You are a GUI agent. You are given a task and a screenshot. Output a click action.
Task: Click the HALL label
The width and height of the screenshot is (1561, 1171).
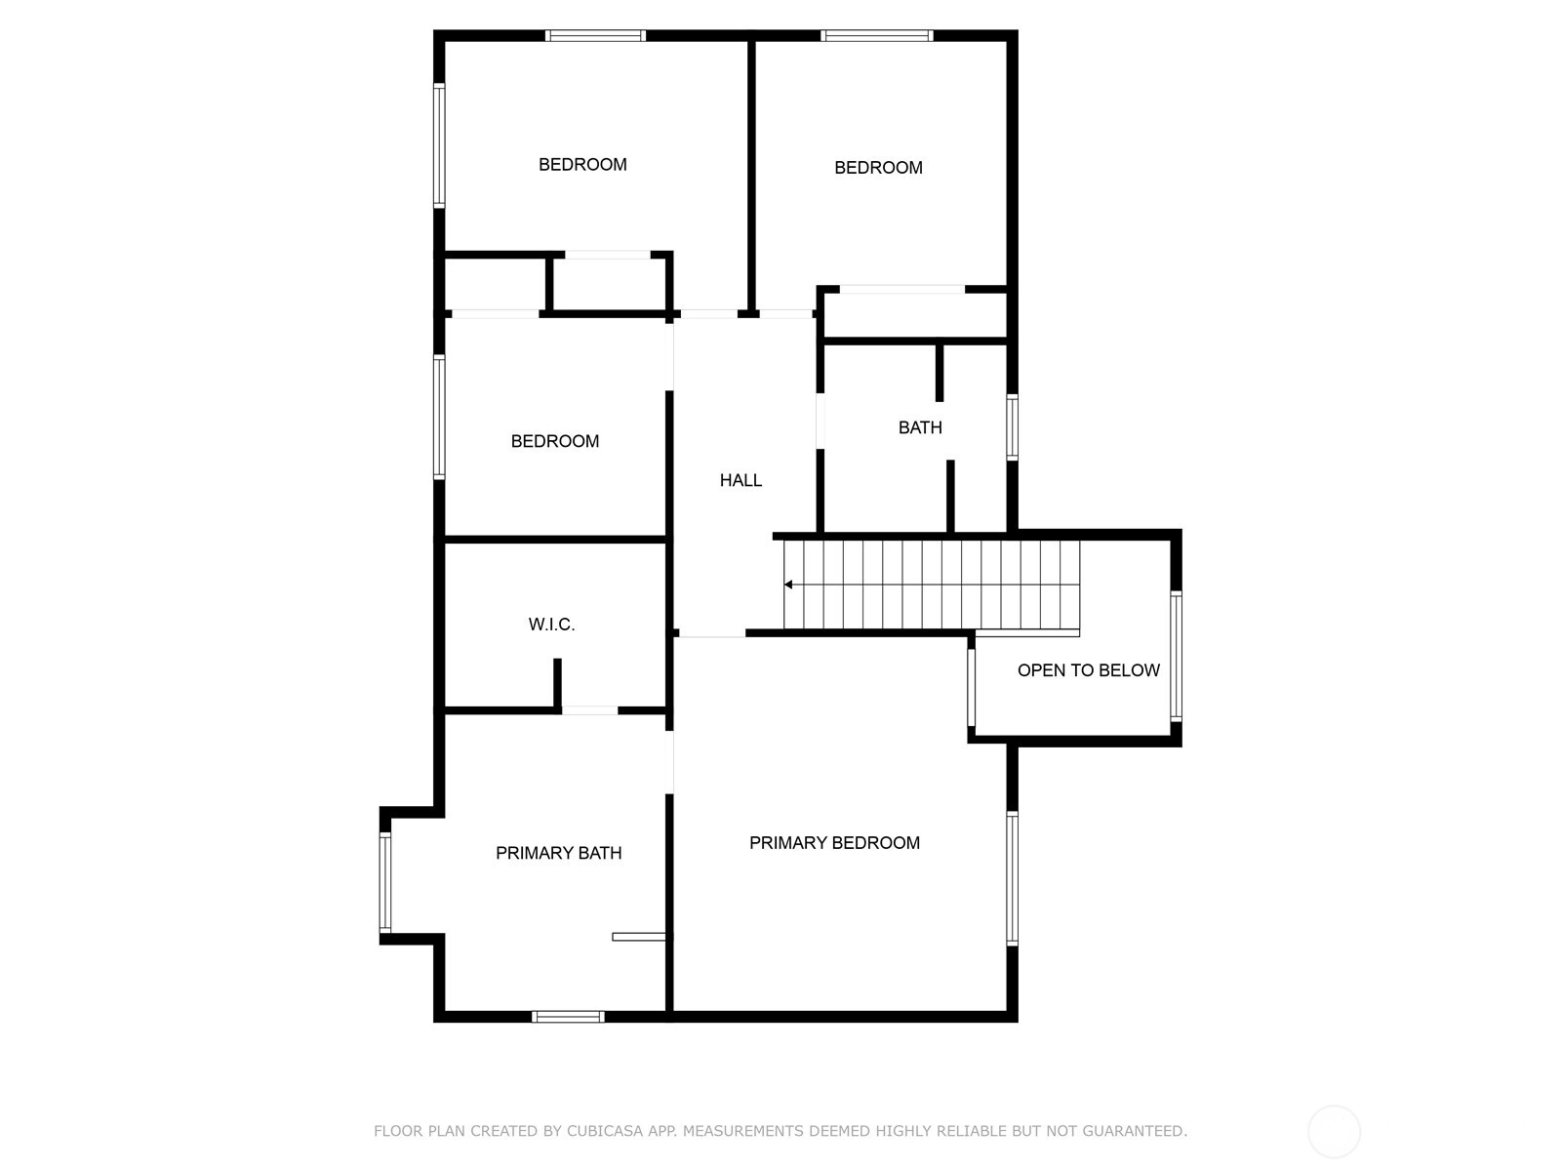point(740,481)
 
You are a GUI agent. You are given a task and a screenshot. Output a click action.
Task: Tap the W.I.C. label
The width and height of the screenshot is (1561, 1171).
point(551,625)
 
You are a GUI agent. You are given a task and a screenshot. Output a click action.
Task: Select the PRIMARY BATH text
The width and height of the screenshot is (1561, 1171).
point(558,853)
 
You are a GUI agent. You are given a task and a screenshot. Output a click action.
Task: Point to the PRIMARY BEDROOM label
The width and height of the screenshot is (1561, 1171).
point(834,842)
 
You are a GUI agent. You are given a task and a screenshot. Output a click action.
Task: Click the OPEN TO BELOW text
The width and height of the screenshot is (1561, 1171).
point(1088,669)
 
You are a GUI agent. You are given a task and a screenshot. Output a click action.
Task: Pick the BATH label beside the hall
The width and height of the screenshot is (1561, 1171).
point(920,427)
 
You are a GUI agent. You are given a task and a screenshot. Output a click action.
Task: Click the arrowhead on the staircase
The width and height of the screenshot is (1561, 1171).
point(788,585)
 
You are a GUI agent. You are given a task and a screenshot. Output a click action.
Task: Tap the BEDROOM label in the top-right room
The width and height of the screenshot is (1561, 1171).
point(878,168)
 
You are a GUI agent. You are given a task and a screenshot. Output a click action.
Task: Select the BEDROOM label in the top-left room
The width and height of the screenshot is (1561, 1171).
point(582,165)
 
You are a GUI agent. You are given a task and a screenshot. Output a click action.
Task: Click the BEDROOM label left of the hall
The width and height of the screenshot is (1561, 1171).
point(555,441)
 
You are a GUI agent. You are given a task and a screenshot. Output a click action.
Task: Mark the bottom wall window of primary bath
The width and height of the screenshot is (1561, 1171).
point(568,1017)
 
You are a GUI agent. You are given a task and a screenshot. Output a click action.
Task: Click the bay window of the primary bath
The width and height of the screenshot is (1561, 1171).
point(384,882)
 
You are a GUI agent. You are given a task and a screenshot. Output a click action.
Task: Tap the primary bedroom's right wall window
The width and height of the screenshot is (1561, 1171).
point(1012,878)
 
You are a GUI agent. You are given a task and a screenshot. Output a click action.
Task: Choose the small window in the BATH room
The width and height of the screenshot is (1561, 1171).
point(1012,427)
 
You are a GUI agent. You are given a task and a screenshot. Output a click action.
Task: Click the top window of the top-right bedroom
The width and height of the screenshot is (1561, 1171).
point(876,35)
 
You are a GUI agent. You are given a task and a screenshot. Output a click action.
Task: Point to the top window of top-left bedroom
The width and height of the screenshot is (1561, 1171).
point(595,35)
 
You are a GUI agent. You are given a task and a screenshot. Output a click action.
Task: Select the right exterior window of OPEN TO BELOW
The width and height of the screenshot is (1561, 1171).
point(1177,656)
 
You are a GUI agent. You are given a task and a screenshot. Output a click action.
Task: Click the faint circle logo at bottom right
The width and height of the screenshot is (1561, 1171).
point(1334,1131)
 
